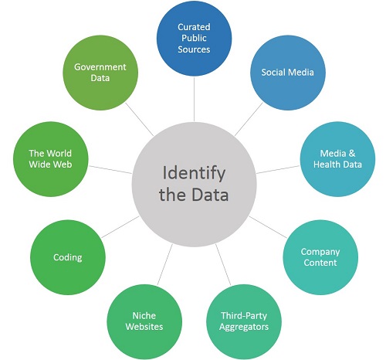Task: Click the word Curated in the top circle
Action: click(x=194, y=27)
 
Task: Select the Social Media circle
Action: click(x=288, y=73)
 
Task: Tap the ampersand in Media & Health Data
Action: click(x=351, y=153)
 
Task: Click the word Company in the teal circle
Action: click(x=320, y=252)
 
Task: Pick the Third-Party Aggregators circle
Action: click(x=244, y=321)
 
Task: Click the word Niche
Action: click(x=144, y=315)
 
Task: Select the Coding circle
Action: click(x=68, y=257)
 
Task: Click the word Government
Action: click(x=100, y=67)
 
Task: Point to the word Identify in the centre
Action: click(x=194, y=173)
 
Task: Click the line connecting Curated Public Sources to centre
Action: click(x=194, y=99)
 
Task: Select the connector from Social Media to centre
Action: click(x=249, y=119)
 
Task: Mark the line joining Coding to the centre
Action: click(x=120, y=227)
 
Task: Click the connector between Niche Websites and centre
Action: click(x=164, y=264)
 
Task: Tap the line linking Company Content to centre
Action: click(x=268, y=227)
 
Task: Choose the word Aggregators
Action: click(x=244, y=327)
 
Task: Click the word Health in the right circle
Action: click(x=325, y=165)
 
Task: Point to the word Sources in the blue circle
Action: click(x=194, y=49)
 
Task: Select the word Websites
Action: click(x=144, y=327)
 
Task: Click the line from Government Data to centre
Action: click(x=139, y=119)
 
